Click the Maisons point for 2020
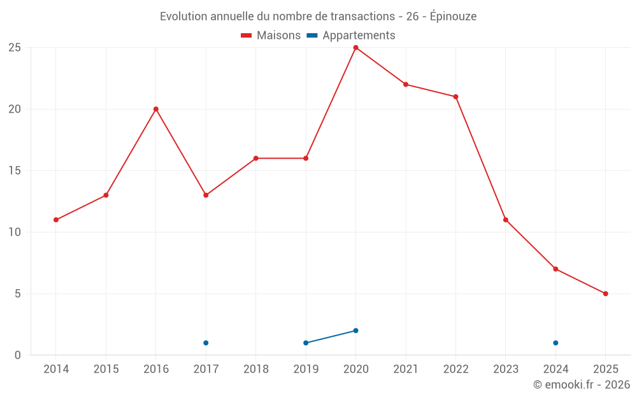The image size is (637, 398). pos(355,48)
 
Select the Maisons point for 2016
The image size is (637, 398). pos(155,109)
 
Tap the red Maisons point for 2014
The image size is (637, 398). pos(56,220)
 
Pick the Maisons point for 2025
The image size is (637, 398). pos(605,294)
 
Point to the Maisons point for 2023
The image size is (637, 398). pos(506,220)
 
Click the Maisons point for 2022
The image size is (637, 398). pos(455,97)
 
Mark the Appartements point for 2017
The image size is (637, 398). pos(206,343)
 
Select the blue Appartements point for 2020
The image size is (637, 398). pos(355,330)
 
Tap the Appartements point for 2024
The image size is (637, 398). pos(555,343)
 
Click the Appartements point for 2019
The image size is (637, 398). pos(306,343)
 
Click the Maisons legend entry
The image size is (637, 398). pos(271,36)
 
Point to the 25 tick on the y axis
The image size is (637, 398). pos(14,48)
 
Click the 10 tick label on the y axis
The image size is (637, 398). pos(14,232)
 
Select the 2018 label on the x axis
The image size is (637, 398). pos(255,369)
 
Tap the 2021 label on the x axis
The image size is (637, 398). pos(406,369)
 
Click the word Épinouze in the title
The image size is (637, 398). pos(453,17)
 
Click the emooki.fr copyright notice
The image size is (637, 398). pos(581,385)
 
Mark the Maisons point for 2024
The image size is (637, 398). pos(555,269)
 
